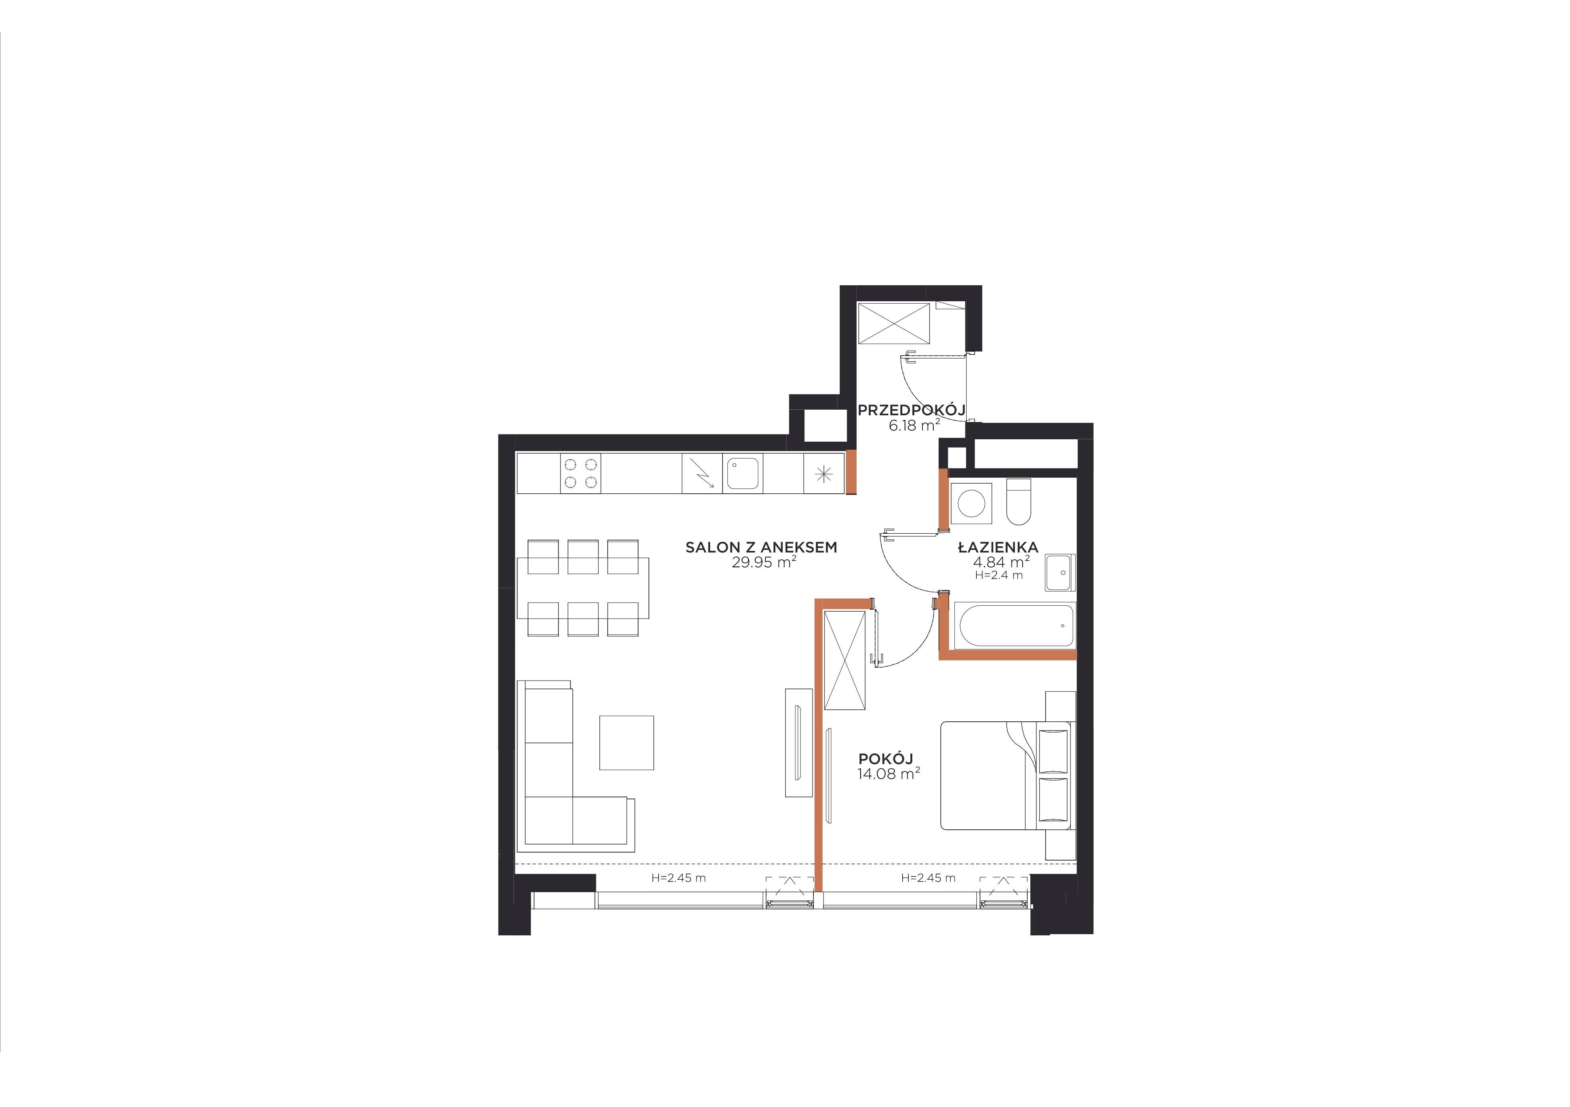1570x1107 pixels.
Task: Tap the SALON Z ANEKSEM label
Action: (x=761, y=547)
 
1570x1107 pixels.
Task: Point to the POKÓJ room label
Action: (x=885, y=759)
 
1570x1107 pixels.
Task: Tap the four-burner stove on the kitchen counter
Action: (x=580, y=473)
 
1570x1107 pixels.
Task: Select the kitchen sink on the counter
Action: (x=743, y=473)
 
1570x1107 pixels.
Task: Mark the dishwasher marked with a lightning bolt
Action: (x=702, y=473)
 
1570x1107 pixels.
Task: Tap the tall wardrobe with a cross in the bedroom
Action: (x=845, y=660)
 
